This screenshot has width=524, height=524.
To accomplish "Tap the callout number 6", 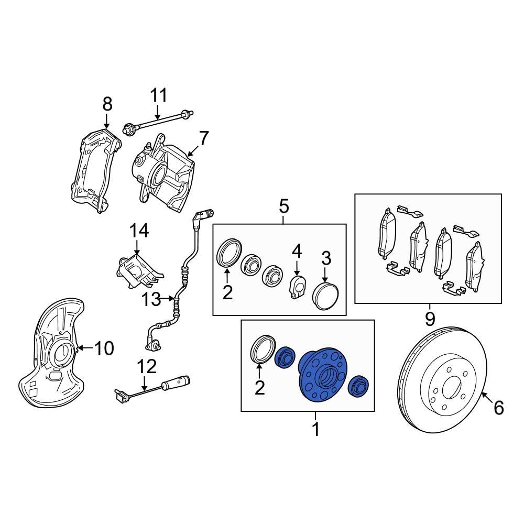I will pos(498,407).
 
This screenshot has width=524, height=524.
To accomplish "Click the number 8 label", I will pos(107,104).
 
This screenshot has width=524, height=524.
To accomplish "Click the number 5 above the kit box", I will pos(283,206).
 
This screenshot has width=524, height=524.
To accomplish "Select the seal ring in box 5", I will pos(229,252).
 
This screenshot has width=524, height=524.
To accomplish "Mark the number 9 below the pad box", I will pos(430,318).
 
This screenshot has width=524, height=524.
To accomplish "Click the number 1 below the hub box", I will pos(315,430).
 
